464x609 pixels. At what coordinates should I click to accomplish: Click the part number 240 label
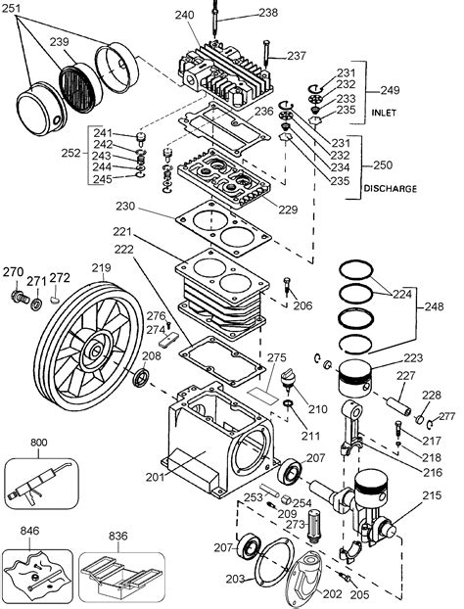(185, 15)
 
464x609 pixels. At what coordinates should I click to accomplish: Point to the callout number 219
(100, 267)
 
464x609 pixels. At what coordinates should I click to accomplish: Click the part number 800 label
(39, 442)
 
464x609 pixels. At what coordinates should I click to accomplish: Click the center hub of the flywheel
(97, 348)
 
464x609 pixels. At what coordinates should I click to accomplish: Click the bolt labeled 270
(16, 296)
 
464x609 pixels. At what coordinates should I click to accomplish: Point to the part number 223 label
(413, 357)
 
